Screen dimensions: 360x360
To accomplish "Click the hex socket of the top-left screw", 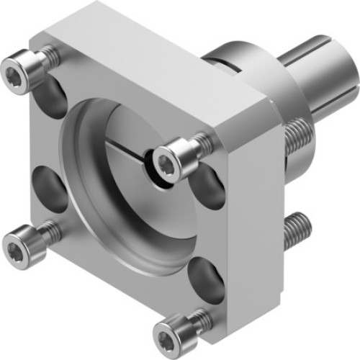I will (x=14, y=71).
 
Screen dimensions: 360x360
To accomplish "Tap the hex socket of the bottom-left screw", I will (x=15, y=239).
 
